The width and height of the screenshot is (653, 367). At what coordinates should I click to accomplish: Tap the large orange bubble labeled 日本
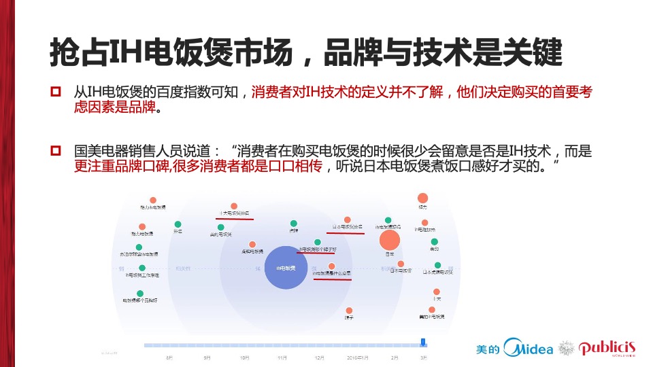coord(390,241)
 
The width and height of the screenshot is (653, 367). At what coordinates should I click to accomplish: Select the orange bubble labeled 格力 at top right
coord(423,198)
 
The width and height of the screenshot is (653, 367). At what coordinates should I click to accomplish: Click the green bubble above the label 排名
coord(178,224)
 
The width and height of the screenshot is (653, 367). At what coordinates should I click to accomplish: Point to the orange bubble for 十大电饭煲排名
coord(234,206)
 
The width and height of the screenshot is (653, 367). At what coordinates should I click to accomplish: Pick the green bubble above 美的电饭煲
coord(220,227)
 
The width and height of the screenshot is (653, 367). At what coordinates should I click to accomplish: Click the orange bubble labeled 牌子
coord(349,310)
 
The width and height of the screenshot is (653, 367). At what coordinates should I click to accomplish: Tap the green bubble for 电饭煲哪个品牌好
coord(140,293)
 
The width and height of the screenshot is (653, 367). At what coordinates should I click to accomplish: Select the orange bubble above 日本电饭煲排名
coord(348,220)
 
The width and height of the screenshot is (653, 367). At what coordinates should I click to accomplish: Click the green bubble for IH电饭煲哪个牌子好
coord(317,242)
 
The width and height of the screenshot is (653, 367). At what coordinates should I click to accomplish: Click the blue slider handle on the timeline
coord(423,342)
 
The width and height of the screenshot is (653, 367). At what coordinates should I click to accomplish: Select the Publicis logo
coord(607,348)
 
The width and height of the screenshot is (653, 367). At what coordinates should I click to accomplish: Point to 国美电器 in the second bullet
coord(95,150)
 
